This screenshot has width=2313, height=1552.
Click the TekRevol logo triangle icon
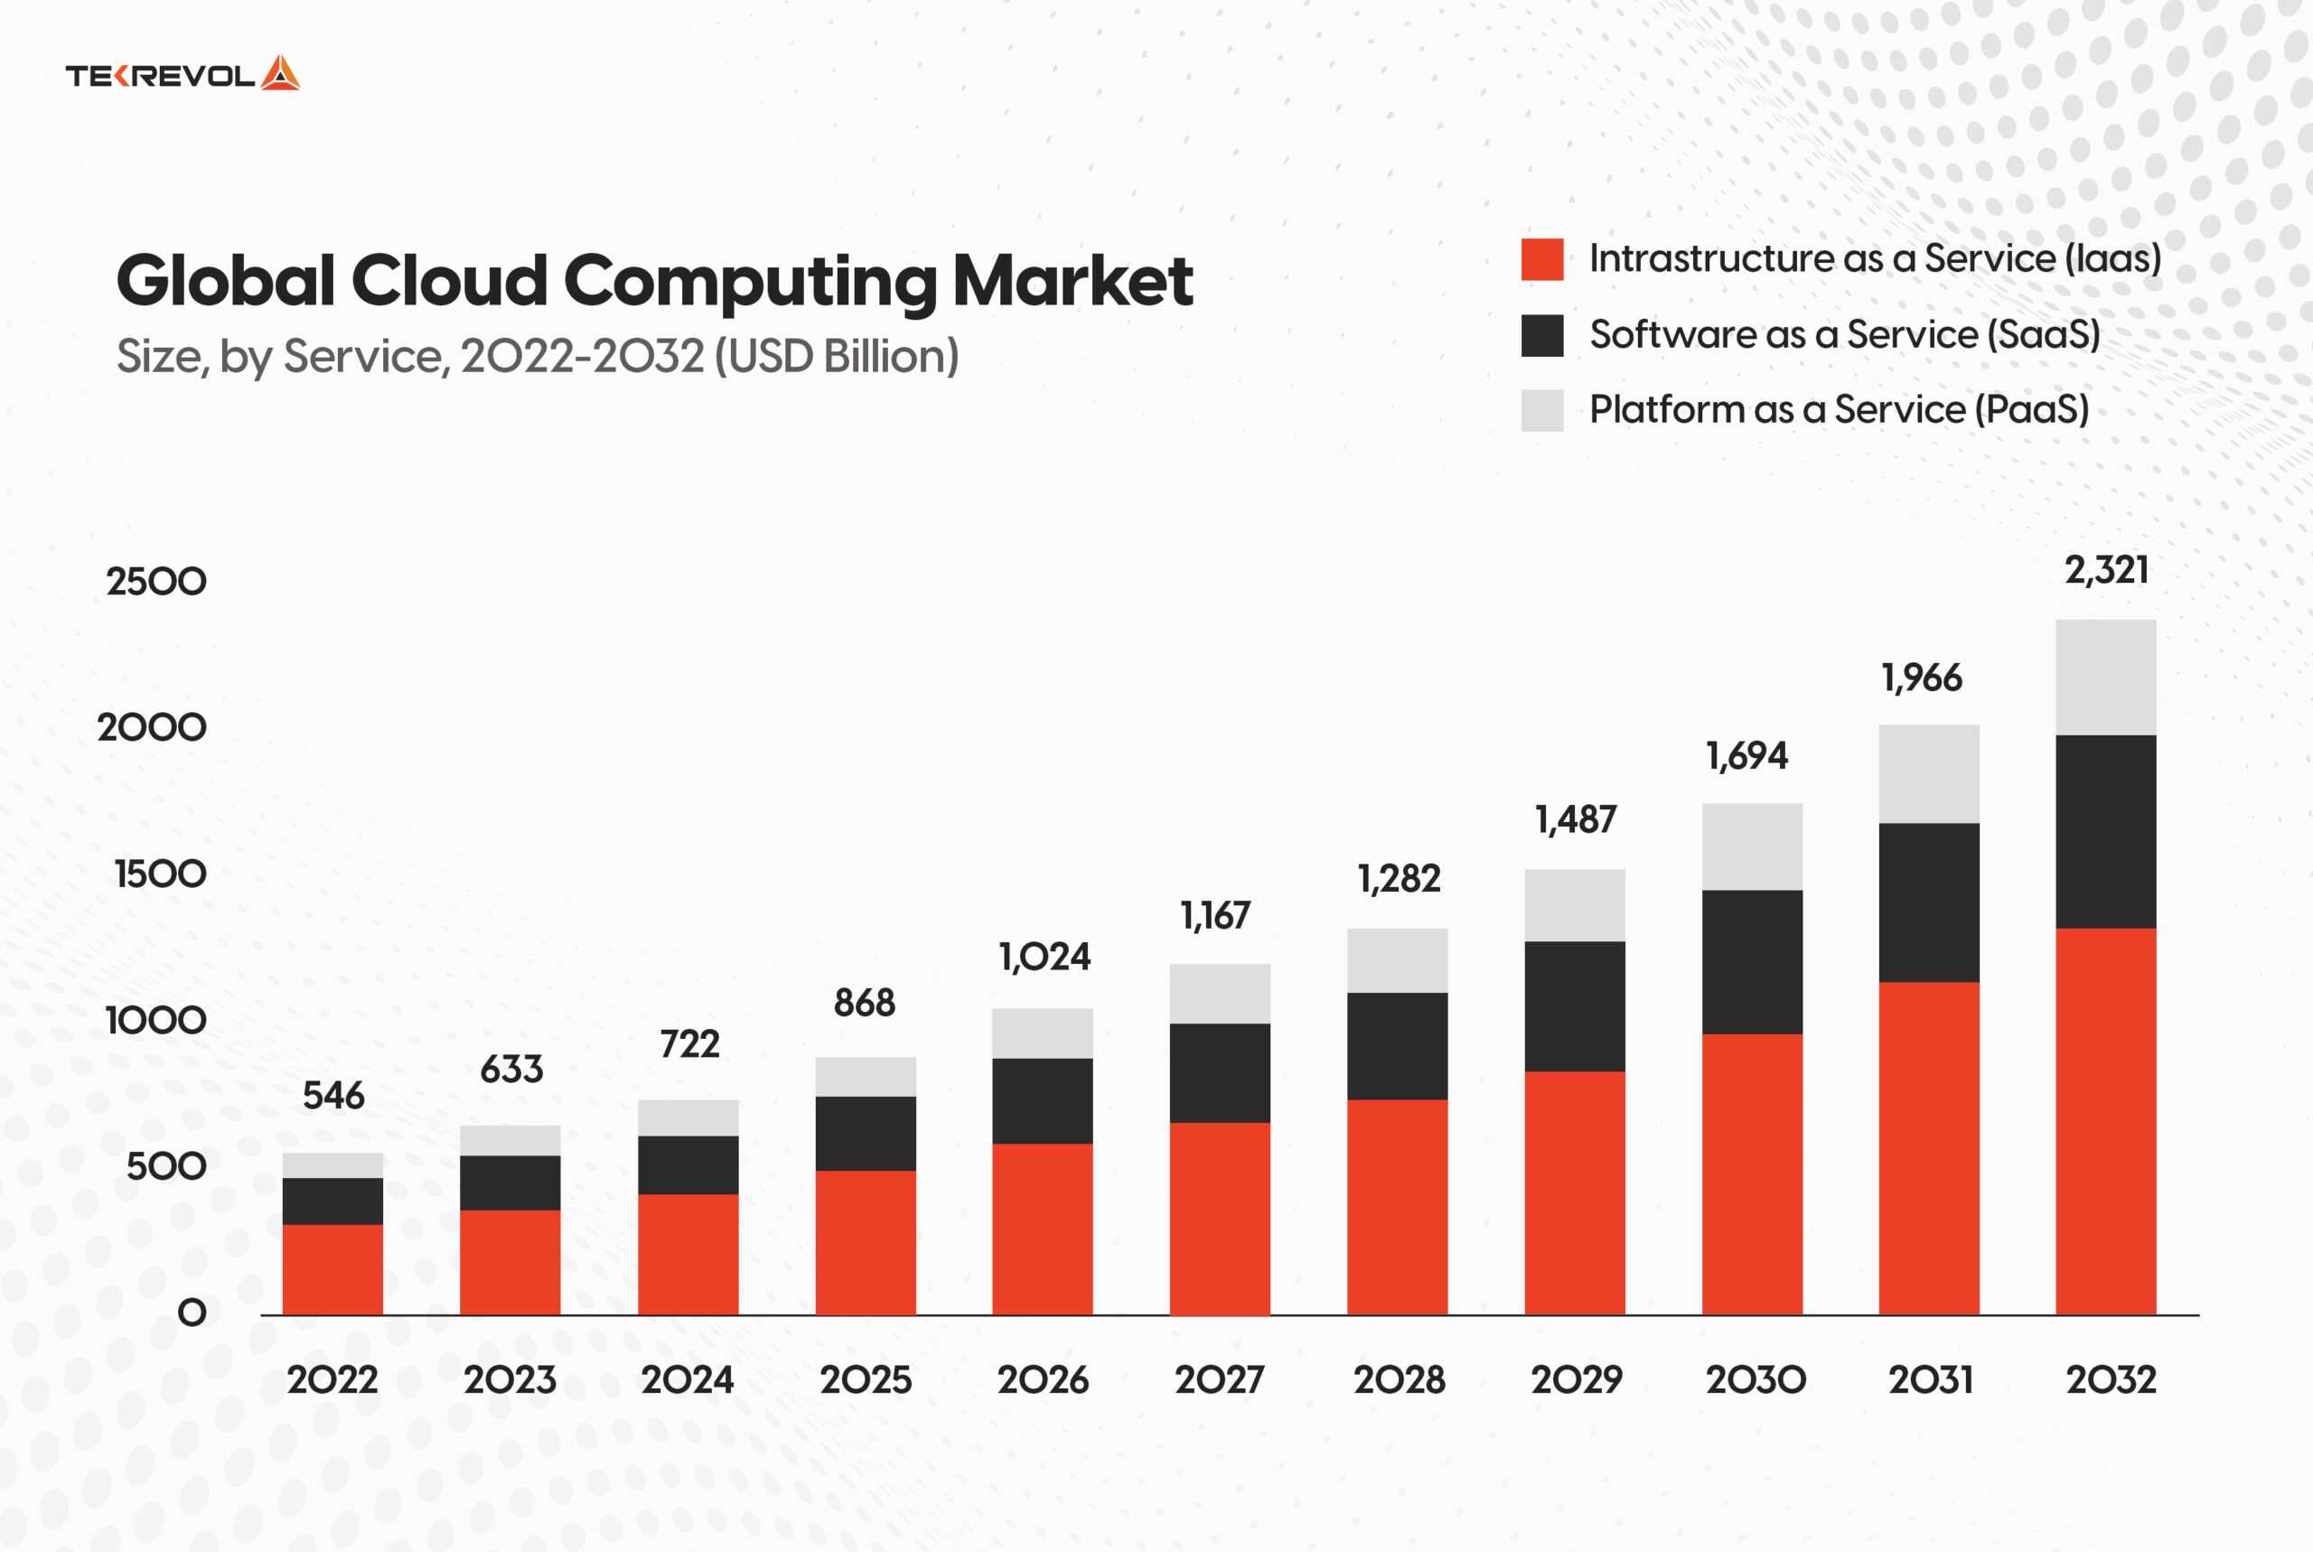point(280,74)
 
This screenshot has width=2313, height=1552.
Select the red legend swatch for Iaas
point(1542,259)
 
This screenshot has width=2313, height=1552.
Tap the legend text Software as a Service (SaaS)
point(1844,334)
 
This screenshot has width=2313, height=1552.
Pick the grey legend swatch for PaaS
point(1542,410)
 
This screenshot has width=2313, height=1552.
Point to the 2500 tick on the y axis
point(156,582)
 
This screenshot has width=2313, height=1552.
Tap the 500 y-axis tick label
point(166,1167)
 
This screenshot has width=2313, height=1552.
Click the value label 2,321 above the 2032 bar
point(2106,570)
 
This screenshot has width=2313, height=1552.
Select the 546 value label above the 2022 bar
point(333,1096)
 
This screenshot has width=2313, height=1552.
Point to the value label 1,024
point(1044,958)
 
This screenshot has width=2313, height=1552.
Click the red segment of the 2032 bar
point(2105,1120)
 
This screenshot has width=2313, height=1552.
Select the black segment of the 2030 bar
point(1752,962)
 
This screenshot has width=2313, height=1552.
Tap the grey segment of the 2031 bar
point(1929,774)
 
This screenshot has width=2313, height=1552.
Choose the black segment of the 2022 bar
point(332,1201)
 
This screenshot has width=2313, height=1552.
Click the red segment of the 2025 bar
point(865,1242)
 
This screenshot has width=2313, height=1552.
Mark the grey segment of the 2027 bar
point(1220,994)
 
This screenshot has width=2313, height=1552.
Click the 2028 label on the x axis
point(1399,1379)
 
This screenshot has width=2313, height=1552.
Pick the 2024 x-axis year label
point(687,1379)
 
